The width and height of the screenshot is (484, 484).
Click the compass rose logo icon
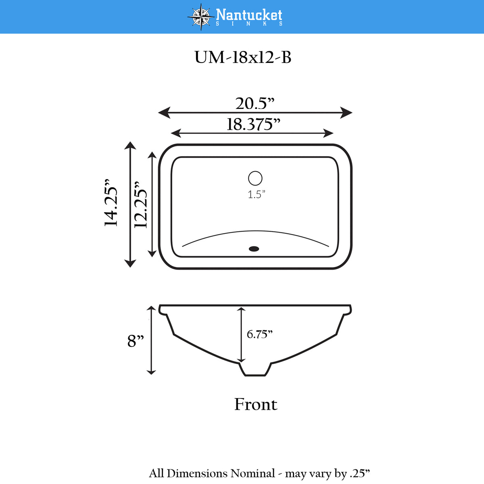(x=201, y=17)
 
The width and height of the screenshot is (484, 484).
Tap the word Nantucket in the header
(x=249, y=15)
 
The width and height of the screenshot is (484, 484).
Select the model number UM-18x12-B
(x=243, y=57)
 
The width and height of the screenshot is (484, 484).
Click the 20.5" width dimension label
(x=255, y=103)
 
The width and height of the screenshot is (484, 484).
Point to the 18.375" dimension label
(x=253, y=124)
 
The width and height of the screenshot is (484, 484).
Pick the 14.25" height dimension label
(x=111, y=203)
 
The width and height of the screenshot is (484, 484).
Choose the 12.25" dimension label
(x=140, y=204)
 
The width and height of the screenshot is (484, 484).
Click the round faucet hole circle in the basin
(x=255, y=178)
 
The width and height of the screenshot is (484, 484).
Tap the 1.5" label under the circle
(x=257, y=194)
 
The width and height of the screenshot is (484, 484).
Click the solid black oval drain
(x=254, y=249)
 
